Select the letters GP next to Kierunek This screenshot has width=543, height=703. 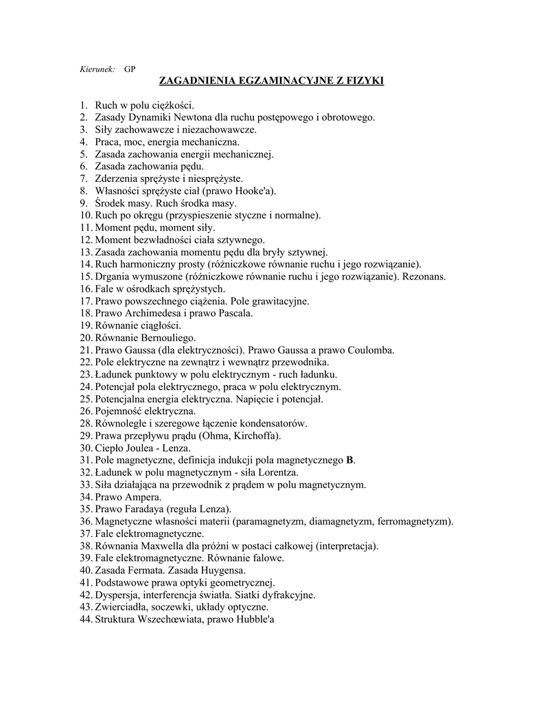pyautogui.click(x=130, y=69)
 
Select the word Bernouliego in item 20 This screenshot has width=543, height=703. pyautogui.click(x=165, y=338)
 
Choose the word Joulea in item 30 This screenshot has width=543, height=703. pyautogui.click(x=145, y=448)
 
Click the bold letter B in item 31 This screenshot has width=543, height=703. pyautogui.click(x=350, y=460)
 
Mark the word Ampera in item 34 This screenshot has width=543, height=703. pyautogui.click(x=143, y=496)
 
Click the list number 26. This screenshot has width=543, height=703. pyautogui.click(x=85, y=411)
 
